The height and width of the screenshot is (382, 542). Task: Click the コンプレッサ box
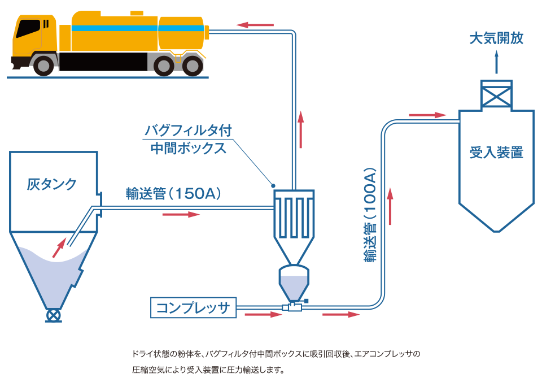(x=193, y=307)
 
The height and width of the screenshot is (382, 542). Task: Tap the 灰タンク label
(x=51, y=184)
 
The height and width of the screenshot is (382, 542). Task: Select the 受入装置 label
(x=496, y=153)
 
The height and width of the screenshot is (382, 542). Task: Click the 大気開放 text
(x=496, y=38)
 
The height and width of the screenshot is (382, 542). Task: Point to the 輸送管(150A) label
(x=173, y=193)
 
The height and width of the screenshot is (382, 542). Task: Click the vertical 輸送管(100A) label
(x=370, y=215)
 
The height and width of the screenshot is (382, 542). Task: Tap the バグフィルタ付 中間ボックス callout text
(x=188, y=139)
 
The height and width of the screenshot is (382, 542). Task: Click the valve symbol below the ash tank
(x=54, y=315)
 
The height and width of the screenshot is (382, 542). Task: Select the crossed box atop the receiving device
(x=496, y=95)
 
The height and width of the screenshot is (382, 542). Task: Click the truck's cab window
(x=28, y=28)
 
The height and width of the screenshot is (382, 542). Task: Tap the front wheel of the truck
(x=43, y=65)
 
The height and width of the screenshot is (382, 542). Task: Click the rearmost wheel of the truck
(x=193, y=65)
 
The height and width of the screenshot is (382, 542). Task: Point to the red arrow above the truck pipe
(x=255, y=25)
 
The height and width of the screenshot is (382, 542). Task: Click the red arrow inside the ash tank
(x=59, y=248)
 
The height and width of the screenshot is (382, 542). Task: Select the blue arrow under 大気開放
(x=496, y=62)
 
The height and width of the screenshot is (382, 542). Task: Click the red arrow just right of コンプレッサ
(x=264, y=315)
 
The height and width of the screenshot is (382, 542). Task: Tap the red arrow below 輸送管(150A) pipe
(x=181, y=215)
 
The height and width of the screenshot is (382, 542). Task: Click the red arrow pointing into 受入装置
(x=427, y=115)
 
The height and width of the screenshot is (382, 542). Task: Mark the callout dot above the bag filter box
(x=273, y=186)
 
